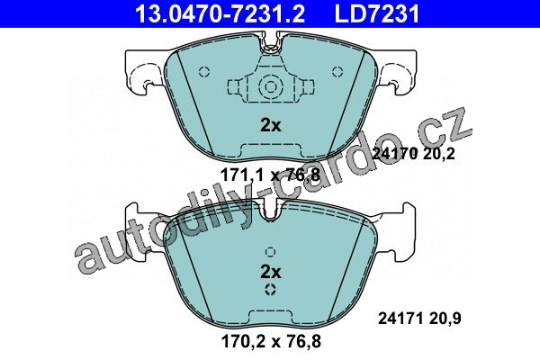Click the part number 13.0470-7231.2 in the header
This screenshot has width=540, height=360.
point(220,13)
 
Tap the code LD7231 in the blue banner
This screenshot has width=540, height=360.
point(377,13)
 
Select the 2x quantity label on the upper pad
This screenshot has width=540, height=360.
point(270,126)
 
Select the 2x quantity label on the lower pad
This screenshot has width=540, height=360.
point(270,272)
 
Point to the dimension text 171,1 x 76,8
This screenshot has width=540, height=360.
point(270,175)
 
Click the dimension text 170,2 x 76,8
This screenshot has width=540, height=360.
point(271,341)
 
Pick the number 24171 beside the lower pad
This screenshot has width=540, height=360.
point(400,319)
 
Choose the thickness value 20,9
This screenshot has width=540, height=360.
point(445,319)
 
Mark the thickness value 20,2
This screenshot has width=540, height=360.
point(439,154)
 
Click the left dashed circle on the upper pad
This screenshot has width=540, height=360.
point(204,72)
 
